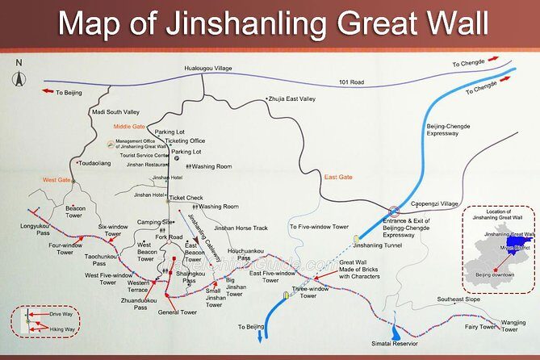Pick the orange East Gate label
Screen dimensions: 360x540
point(338,176)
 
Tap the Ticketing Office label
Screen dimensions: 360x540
point(186,141)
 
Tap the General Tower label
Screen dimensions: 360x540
point(178,312)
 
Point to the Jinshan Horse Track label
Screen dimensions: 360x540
point(241,228)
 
